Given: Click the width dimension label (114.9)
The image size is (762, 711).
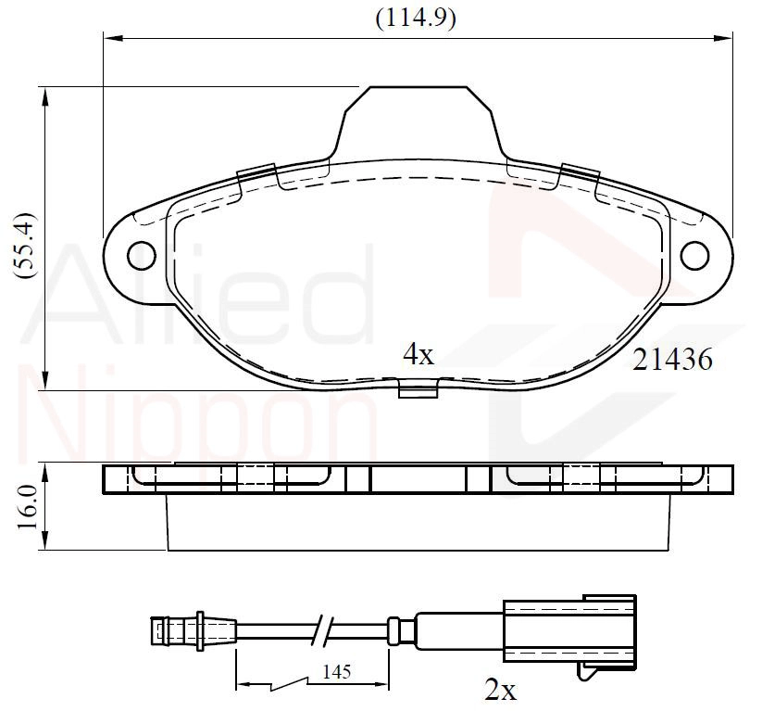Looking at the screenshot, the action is tap(416, 19).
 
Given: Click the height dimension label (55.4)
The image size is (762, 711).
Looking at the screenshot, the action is tap(25, 245).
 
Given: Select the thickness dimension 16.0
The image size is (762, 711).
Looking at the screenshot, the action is tap(28, 508).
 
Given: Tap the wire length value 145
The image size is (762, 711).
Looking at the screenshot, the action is tap(336, 672).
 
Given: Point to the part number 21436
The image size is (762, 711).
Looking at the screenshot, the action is tap(672, 360).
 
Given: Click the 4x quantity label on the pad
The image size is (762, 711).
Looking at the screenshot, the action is tap(418, 354).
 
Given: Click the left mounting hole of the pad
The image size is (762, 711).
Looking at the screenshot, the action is tap(142, 256).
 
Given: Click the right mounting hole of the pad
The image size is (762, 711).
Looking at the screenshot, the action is tap(694, 256).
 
